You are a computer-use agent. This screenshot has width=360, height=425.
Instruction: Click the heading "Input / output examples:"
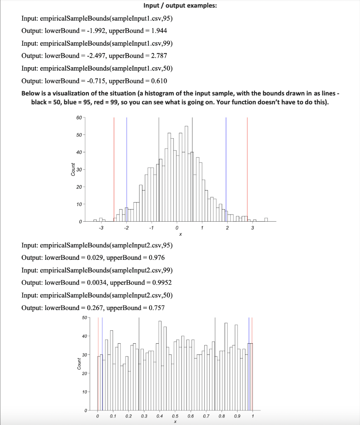point(179,6)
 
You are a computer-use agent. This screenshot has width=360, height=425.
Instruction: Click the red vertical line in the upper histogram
point(114,166)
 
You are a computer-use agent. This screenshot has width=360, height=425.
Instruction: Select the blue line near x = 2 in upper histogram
point(226,166)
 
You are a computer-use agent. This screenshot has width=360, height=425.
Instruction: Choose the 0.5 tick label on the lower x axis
point(175,416)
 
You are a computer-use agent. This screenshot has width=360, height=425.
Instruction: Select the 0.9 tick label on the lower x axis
point(237,416)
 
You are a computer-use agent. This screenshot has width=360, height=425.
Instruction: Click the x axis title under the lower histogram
point(175,422)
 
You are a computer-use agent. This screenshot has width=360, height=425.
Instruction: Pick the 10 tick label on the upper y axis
point(79,204)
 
